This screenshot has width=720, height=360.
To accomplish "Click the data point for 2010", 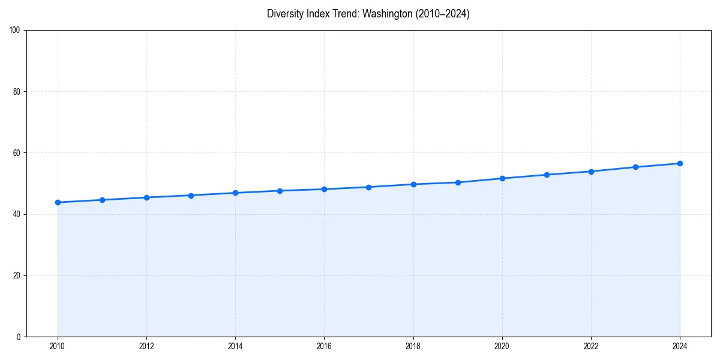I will pyautogui.click(x=58, y=202).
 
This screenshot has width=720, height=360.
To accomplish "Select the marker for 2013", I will pyautogui.click(x=191, y=196).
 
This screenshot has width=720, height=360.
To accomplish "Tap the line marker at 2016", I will pyautogui.click(x=324, y=189).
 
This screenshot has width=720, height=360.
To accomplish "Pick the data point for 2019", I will pyautogui.click(x=458, y=182).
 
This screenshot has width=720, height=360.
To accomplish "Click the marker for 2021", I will pyautogui.click(x=547, y=175).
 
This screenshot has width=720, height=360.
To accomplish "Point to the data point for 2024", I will pyautogui.click(x=680, y=163).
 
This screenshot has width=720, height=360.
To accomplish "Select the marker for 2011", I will pyautogui.click(x=102, y=200).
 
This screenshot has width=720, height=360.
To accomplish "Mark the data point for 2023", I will pyautogui.click(x=635, y=167).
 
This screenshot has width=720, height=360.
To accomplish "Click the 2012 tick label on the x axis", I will pyautogui.click(x=146, y=346).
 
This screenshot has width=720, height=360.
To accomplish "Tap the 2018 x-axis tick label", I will pyautogui.click(x=413, y=346).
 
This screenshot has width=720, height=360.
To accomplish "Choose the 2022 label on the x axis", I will pyautogui.click(x=591, y=346).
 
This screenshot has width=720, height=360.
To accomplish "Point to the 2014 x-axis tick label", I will pyautogui.click(x=235, y=346).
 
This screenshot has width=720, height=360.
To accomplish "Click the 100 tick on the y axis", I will pyautogui.click(x=15, y=31).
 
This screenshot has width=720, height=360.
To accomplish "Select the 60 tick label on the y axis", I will pyautogui.click(x=17, y=153).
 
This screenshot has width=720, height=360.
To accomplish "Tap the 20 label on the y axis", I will pyautogui.click(x=17, y=275).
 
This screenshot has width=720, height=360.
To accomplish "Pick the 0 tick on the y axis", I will pyautogui.click(x=19, y=337).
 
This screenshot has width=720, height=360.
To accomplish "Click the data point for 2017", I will pyautogui.click(x=368, y=187).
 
